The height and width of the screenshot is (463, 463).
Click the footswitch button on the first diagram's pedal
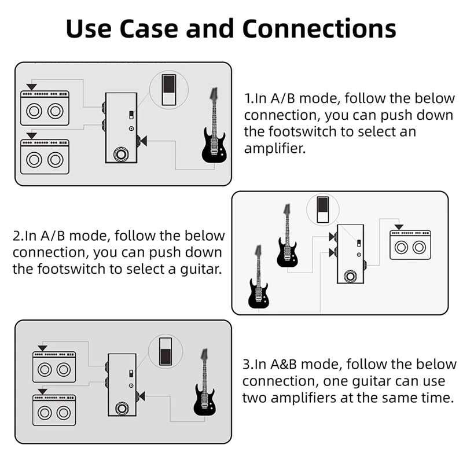click(122, 155)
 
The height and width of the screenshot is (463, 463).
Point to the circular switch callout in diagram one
click(168, 90)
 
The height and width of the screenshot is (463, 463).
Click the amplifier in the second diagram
click(410, 244)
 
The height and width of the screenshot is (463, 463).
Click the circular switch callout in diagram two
click(323, 210)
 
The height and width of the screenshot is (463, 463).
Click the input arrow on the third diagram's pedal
click(141, 396)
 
